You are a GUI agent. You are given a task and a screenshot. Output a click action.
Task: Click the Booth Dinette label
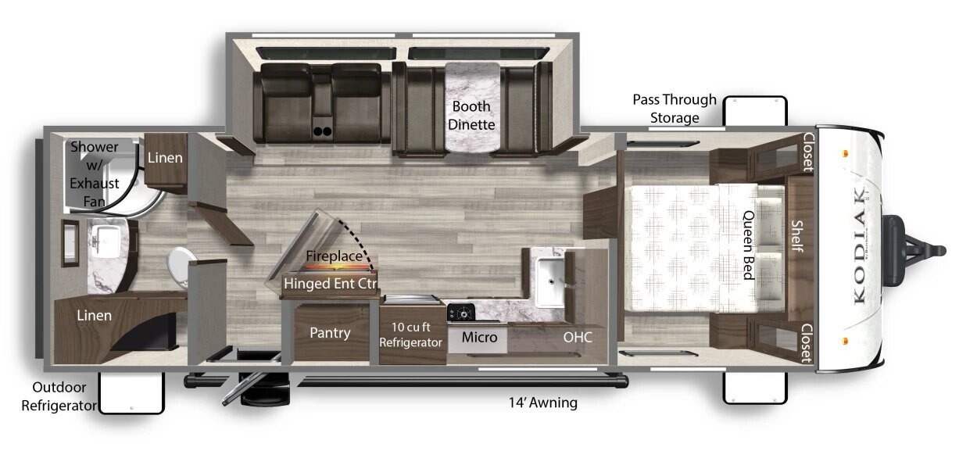[471, 116]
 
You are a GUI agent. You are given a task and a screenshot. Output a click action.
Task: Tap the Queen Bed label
[749, 245]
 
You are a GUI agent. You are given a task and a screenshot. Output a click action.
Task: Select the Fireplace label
[334, 256]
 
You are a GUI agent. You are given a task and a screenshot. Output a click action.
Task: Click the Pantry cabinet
[330, 333]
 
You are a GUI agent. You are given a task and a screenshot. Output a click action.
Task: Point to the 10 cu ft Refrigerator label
[410, 335]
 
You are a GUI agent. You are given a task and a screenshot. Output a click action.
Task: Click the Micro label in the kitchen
[479, 337]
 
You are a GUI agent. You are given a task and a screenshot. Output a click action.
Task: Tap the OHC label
[578, 337]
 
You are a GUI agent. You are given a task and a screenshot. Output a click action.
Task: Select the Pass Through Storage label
[675, 109]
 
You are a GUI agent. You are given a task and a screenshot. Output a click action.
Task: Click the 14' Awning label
[542, 403]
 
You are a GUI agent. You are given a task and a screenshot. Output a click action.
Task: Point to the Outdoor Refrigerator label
[59, 396]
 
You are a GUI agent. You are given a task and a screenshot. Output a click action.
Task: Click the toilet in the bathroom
[179, 267]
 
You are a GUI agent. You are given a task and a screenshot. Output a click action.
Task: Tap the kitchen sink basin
[550, 281]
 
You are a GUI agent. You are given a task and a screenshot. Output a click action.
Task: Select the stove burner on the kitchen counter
[461, 313]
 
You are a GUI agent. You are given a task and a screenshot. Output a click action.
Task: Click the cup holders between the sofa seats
[322, 131]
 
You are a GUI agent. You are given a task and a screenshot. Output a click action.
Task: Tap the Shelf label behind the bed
[798, 236]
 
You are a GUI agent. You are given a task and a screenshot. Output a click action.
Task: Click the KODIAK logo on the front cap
[859, 245]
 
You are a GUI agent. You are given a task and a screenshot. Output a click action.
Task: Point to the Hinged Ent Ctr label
[330, 284]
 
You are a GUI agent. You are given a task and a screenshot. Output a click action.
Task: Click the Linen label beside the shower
[165, 157]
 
